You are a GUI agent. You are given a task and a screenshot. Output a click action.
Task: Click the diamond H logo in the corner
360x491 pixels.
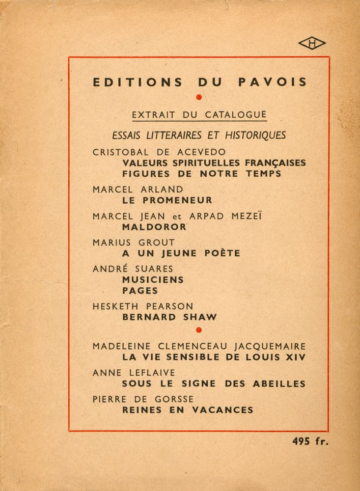click(x=311, y=44)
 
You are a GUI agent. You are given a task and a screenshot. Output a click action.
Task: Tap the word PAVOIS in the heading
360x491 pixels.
click(x=273, y=82)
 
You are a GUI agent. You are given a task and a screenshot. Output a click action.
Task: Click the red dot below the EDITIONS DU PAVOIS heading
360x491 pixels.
click(x=199, y=97)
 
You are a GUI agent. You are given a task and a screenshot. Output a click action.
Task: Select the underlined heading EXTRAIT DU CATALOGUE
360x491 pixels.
click(x=199, y=115)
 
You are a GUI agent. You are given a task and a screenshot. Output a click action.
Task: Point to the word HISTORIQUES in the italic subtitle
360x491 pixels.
click(x=255, y=135)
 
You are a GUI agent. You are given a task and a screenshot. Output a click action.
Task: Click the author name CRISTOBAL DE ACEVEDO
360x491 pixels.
click(x=152, y=152)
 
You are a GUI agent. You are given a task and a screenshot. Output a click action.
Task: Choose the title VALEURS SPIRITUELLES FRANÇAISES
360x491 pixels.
click(x=214, y=163)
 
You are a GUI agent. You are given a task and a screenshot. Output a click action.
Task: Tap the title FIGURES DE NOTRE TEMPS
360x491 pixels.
click(x=201, y=174)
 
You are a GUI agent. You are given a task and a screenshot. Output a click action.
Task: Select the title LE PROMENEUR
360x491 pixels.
click(x=167, y=200)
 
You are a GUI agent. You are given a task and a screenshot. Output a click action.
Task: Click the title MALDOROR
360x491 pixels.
click(x=154, y=227)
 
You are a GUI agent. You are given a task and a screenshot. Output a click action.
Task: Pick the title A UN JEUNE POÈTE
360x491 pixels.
click(x=181, y=253)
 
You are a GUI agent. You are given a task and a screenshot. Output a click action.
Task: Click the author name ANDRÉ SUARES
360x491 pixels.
click(x=133, y=269)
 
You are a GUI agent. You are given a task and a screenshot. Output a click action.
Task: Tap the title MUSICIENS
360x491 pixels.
click(x=153, y=280)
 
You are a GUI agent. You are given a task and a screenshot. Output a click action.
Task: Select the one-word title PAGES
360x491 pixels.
click(x=140, y=291)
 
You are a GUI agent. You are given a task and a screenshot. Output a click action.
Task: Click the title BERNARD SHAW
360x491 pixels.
click(x=169, y=317)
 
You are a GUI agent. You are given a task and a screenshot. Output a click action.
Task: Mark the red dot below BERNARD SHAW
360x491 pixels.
click(x=198, y=329)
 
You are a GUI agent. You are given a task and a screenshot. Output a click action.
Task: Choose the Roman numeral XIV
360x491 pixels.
click(x=295, y=357)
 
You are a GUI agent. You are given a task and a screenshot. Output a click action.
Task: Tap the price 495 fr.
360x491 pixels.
click(x=310, y=441)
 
